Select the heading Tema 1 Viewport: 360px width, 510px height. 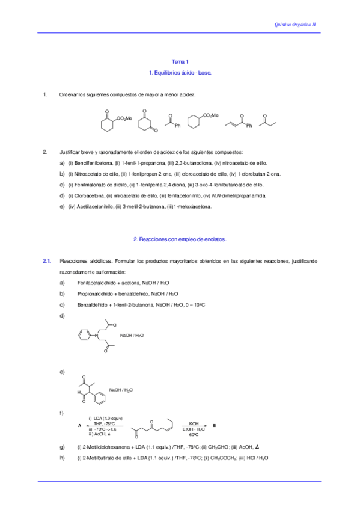180,62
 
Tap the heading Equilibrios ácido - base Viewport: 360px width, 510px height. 180,72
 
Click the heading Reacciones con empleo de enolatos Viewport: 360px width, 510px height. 180,239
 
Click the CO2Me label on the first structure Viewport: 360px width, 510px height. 124,118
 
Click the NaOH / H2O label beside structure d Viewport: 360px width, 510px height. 132,335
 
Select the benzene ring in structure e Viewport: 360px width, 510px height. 99,397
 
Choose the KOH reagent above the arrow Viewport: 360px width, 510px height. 194,422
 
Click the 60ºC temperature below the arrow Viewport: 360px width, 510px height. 194,434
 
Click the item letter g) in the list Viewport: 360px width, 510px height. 63,447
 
